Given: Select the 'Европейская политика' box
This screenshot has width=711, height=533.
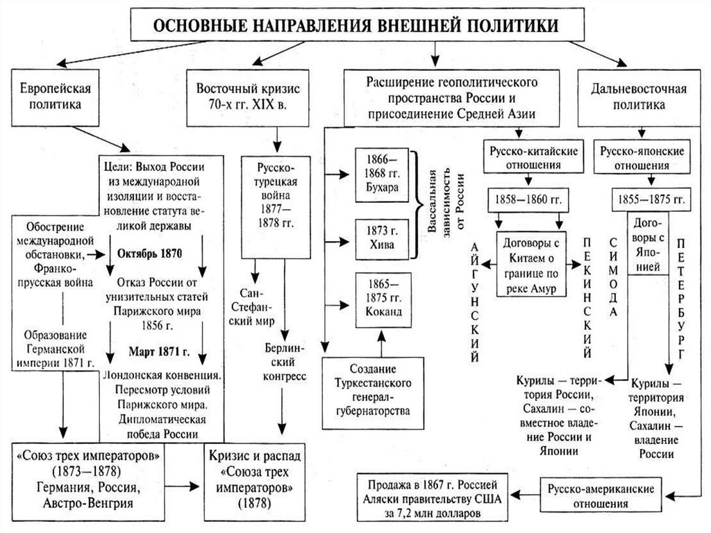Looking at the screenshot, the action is [x=56, y=97].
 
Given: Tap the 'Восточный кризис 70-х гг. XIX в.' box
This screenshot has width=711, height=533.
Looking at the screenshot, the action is [x=248, y=97].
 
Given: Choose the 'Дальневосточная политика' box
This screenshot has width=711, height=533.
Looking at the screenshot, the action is [x=639, y=97].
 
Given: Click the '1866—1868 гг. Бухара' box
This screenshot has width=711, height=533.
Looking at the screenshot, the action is [x=383, y=175].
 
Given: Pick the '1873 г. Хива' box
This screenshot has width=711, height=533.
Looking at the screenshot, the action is [x=383, y=239].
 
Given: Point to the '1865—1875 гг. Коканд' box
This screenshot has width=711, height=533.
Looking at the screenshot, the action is [x=383, y=300].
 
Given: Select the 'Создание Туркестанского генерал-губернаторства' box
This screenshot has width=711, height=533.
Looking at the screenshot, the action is [x=373, y=393].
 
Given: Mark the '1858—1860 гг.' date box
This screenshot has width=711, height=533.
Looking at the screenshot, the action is [x=528, y=199].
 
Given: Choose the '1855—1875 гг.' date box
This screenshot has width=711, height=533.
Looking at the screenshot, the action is [x=651, y=199].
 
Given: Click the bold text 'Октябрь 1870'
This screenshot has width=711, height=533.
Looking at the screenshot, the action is [x=150, y=254].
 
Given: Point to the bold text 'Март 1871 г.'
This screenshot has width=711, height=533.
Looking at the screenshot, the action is [x=159, y=352].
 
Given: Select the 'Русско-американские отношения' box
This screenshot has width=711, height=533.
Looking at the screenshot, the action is [x=601, y=495].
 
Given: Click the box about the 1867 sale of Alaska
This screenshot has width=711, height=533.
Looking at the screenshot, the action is [x=432, y=498].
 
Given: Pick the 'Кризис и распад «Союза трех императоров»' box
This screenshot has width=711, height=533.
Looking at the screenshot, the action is [x=254, y=482].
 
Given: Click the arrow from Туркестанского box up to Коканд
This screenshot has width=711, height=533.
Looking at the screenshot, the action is [x=381, y=343].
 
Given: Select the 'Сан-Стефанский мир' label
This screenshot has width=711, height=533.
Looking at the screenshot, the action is [x=253, y=307].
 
